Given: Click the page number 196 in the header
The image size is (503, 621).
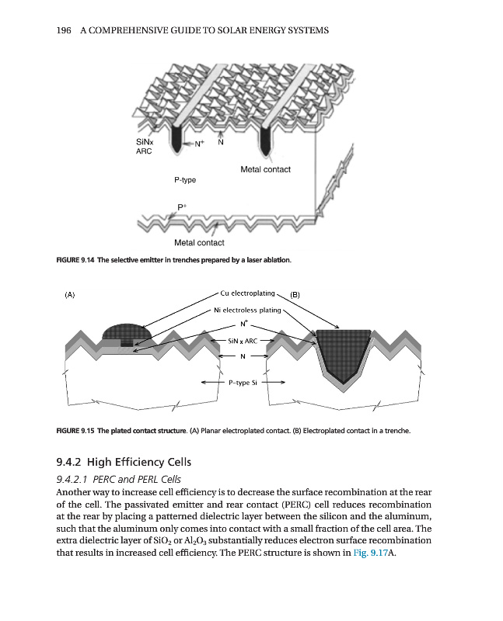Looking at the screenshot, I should pyautogui.click(x=66, y=30).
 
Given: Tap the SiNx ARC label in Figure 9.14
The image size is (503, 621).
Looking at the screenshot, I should pyautogui.click(x=145, y=147).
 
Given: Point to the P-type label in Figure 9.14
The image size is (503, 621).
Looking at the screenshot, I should pyautogui.click(x=185, y=179).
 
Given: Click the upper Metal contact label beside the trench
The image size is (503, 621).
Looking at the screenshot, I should pyautogui.click(x=265, y=169).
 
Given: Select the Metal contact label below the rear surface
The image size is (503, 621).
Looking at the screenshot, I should pyautogui.click(x=199, y=243).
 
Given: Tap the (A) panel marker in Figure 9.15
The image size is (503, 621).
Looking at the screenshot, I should pyautogui.click(x=69, y=295).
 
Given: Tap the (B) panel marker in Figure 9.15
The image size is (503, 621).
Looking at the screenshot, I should pyautogui.click(x=295, y=295).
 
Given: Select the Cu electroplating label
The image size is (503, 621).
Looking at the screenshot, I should pyautogui.click(x=248, y=293).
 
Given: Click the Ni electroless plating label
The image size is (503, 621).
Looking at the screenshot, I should pyautogui.click(x=246, y=310).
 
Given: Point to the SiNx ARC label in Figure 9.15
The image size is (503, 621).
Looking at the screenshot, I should pyautogui.click(x=242, y=340).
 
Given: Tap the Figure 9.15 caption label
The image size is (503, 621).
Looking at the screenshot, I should pyautogui.click(x=76, y=430).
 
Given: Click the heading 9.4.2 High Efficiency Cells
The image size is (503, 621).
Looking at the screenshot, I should pyautogui.click(x=129, y=463).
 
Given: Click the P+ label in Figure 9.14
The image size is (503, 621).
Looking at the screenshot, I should pyautogui.click(x=182, y=206).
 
